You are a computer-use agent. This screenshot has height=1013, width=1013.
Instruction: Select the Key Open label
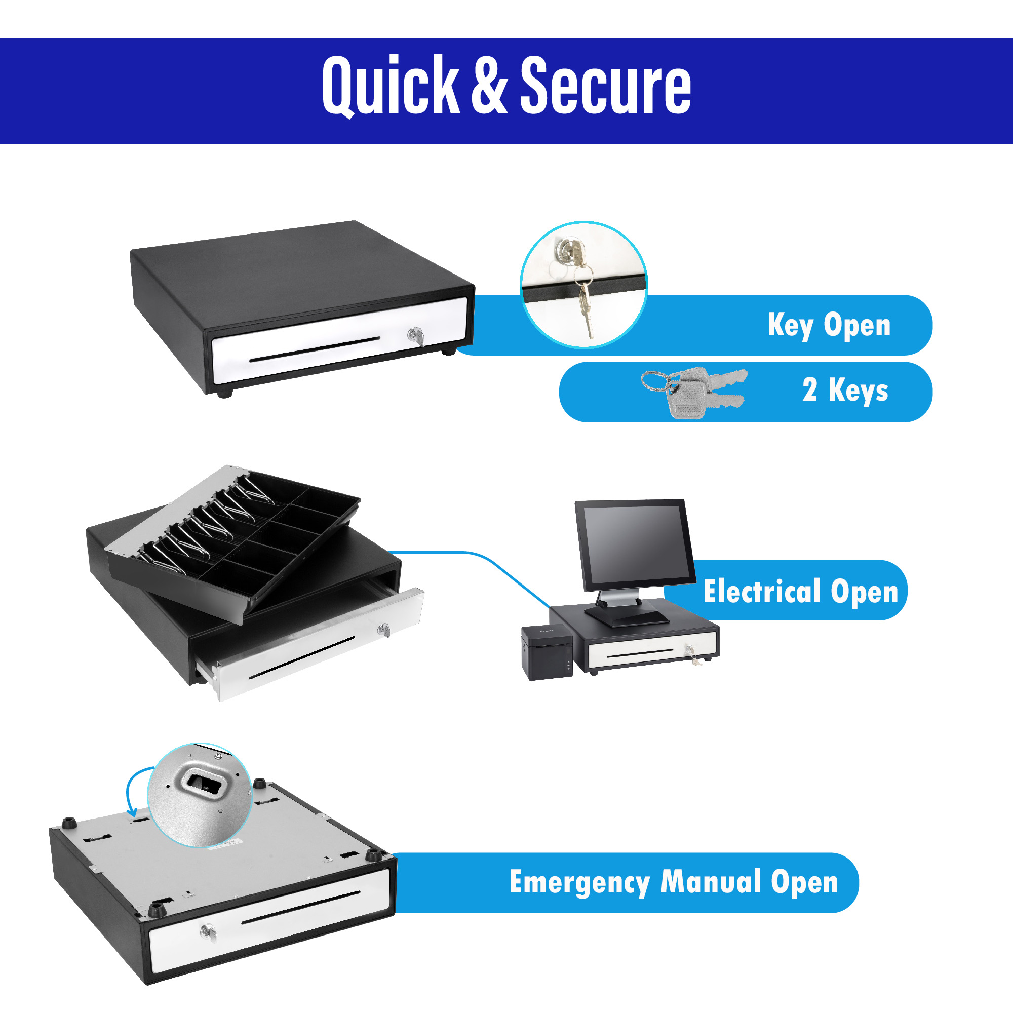point(829,325)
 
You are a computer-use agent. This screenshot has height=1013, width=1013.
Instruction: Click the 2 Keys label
point(845,390)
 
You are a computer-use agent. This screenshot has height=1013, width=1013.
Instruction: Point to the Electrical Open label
point(800,592)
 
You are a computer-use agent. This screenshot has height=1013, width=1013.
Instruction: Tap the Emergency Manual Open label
point(673,882)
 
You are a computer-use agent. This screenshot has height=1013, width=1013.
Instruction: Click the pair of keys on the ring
point(695,391)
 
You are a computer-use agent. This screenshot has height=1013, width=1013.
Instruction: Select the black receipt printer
point(548,652)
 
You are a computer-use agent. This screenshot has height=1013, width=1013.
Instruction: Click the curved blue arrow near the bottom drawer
point(134,792)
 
